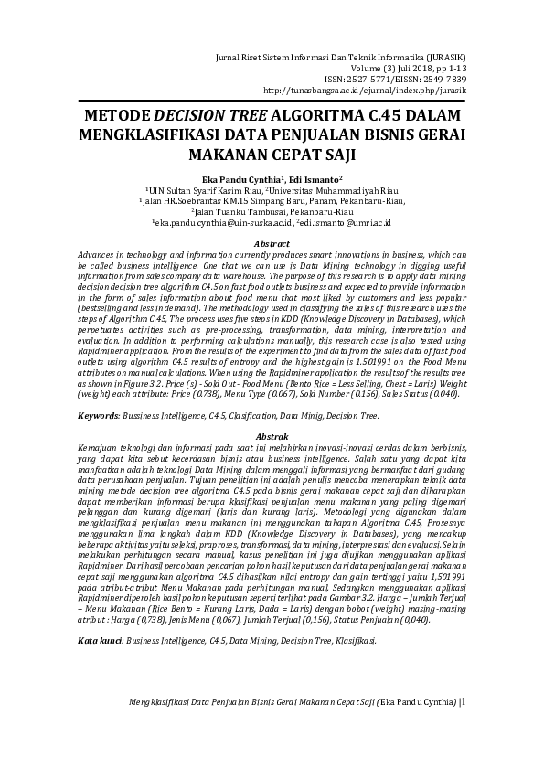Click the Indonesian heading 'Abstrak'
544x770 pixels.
coord(272,437)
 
